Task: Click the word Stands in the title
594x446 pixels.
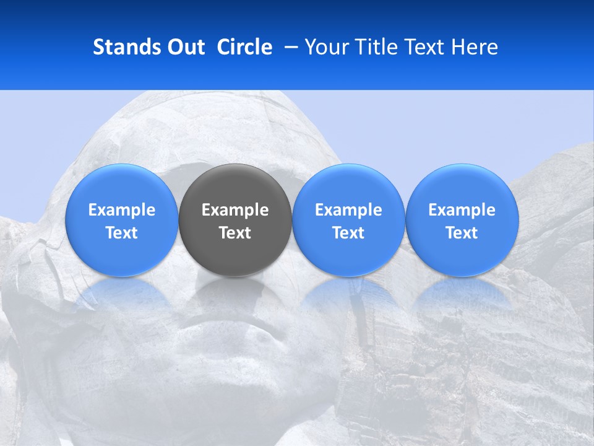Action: [x=125, y=47]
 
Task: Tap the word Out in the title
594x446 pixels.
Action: [x=184, y=47]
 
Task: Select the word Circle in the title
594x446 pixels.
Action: [x=244, y=47]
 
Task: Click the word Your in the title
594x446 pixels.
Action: [x=325, y=47]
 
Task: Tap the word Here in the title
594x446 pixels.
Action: [x=475, y=47]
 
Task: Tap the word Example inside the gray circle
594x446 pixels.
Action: [x=235, y=210]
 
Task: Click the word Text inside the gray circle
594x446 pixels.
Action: [x=235, y=233]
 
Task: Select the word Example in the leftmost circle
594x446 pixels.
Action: [x=122, y=210]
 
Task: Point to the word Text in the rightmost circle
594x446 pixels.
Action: [x=462, y=233]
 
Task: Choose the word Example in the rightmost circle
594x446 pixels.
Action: [x=462, y=210]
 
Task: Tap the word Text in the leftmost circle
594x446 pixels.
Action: [x=122, y=233]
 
